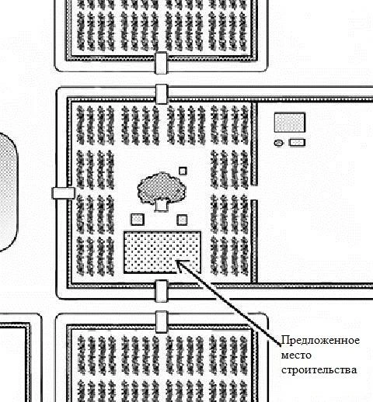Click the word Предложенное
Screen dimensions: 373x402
[320, 341]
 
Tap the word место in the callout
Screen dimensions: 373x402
[296, 355]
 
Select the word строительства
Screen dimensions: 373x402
[319, 370]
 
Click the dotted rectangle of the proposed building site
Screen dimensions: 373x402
[162, 252]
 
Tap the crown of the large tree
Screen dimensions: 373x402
[162, 187]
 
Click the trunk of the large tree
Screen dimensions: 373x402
[161, 206]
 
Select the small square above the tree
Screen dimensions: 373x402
[183, 171]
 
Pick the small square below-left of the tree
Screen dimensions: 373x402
[138, 220]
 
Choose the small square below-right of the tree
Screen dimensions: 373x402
[182, 220]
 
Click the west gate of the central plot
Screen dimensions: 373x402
[64, 193]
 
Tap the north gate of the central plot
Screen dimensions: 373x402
[162, 94]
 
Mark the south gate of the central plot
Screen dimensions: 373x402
[162, 291]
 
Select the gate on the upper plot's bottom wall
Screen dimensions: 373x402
[161, 63]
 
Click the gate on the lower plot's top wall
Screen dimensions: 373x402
[162, 322]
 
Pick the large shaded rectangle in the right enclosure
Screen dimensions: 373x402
[290, 123]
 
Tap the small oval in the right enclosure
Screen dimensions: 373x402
[278, 143]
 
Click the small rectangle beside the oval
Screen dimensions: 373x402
[297, 143]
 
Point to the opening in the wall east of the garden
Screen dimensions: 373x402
[254, 192]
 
